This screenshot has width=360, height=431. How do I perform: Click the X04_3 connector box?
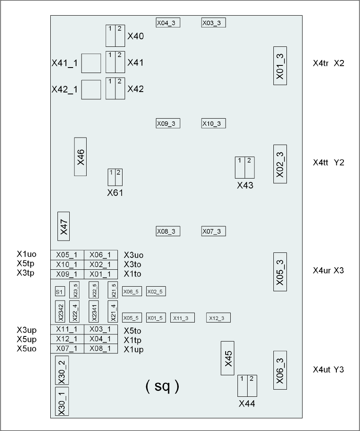(168, 23)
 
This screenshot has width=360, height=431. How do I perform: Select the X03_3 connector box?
(213, 23)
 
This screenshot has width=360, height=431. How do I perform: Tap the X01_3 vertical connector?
(280, 66)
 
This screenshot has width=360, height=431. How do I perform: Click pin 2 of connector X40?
(120, 36)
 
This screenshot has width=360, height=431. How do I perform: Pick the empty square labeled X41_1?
(91, 63)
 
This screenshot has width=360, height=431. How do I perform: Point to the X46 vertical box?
(80, 157)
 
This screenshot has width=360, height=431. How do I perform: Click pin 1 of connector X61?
(112, 177)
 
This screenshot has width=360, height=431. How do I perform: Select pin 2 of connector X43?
(250, 168)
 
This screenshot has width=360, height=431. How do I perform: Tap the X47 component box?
(63, 226)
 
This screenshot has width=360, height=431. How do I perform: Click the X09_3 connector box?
(168, 123)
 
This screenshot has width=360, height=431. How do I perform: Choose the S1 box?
(60, 292)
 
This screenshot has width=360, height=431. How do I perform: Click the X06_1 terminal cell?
(101, 255)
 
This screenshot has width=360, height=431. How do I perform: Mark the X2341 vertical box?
(93, 311)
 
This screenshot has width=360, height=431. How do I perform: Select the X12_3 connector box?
(218, 318)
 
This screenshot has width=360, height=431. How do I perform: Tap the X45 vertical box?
(228, 358)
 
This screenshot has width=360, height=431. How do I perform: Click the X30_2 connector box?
(62, 370)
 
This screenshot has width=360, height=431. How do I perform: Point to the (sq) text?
(162, 386)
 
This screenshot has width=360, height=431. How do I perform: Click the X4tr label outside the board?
(321, 63)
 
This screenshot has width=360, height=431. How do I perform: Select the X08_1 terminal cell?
(101, 349)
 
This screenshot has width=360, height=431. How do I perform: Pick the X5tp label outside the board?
(26, 263)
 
